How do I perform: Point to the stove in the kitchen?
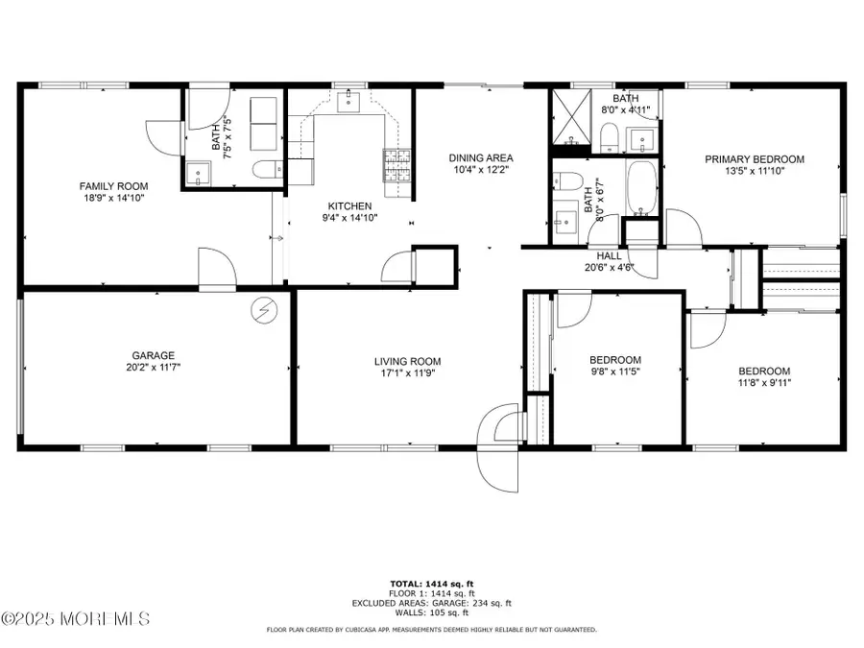point(396,165)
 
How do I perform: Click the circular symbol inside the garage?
point(262,309)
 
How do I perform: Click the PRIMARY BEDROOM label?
point(754,159)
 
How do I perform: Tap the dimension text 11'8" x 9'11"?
point(763,383)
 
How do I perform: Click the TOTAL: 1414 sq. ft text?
point(431,584)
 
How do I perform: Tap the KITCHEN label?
point(349,205)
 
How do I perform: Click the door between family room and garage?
point(217,271)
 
